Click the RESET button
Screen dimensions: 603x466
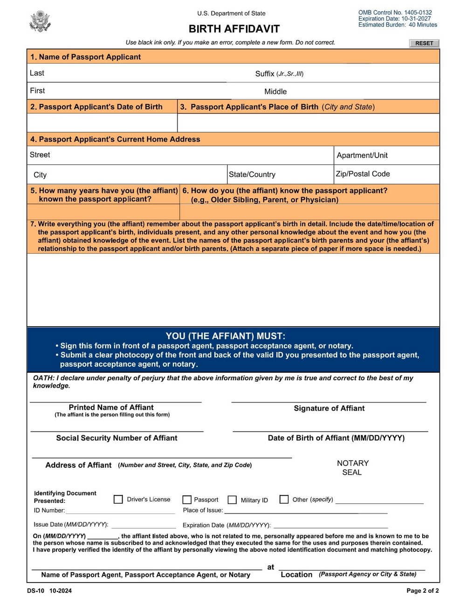pyautogui.click(x=424, y=43)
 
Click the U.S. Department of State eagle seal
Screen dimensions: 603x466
pyautogui.click(x=40, y=21)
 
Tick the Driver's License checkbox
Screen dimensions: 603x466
pyautogui.click(x=118, y=499)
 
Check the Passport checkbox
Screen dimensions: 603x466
pyautogui.click(x=187, y=500)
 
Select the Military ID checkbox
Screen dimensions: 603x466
pyautogui.click(x=232, y=500)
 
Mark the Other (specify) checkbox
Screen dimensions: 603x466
pyautogui.click(x=284, y=499)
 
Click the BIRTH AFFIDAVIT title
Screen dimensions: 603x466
pyautogui.click(x=234, y=29)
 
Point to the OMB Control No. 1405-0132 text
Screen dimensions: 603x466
pyautogui.click(x=395, y=13)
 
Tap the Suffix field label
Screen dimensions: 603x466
pyautogui.click(x=265, y=74)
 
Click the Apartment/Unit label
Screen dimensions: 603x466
pyautogui.click(x=362, y=155)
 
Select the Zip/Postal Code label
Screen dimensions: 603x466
pyautogui.click(x=363, y=174)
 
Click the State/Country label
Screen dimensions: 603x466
pyautogui.click(x=252, y=174)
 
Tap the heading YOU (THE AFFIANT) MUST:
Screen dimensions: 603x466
pyautogui.click(x=226, y=336)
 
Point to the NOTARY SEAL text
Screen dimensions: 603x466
pyautogui.click(x=352, y=467)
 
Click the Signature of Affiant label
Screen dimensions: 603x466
pyautogui.click(x=329, y=408)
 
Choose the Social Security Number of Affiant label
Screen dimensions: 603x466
pyautogui.click(x=116, y=438)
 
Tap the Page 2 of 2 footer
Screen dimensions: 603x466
pyautogui.click(x=422, y=590)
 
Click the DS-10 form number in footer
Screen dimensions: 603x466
pyautogui.click(x=35, y=590)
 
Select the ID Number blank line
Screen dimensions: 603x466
pyautogui.click(x=120, y=511)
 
